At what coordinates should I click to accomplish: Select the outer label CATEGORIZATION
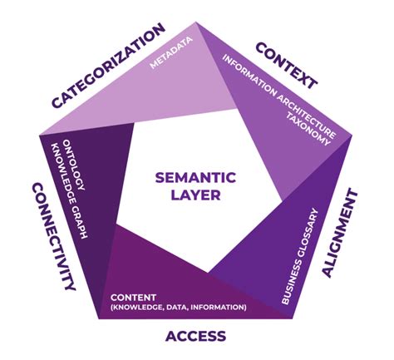(x=107, y=67)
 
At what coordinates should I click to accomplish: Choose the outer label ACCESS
(x=195, y=335)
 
